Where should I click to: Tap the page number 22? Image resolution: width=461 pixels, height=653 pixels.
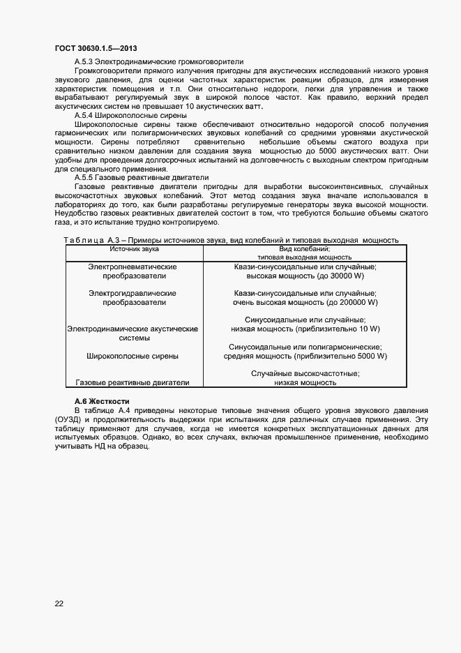pos(59,603)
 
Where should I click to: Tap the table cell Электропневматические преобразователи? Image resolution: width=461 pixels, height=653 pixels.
pos(133,271)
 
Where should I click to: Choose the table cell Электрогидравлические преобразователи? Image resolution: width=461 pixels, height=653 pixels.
pos(133,298)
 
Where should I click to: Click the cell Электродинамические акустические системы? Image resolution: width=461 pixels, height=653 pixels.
pos(133,333)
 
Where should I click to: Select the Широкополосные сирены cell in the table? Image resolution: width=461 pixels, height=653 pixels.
pos(133,356)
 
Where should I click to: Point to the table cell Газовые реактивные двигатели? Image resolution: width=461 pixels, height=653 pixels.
pos(133,382)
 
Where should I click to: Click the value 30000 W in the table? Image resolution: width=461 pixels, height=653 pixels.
pos(356,276)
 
